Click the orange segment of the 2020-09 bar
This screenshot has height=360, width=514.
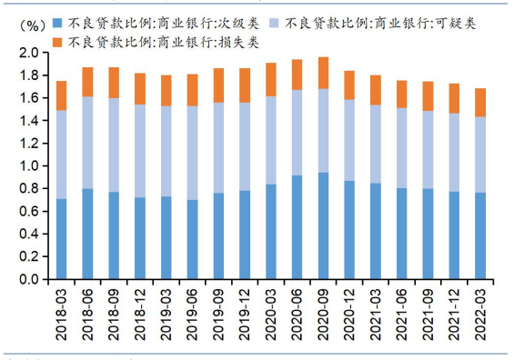[323, 73]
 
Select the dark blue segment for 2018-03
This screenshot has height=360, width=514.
[62, 239]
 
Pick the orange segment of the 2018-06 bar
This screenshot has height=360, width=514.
[88, 82]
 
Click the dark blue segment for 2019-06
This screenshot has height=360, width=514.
[192, 240]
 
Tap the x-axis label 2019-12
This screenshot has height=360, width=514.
[245, 313]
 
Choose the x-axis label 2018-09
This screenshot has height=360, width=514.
[114, 313]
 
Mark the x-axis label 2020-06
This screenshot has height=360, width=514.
[297, 313]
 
